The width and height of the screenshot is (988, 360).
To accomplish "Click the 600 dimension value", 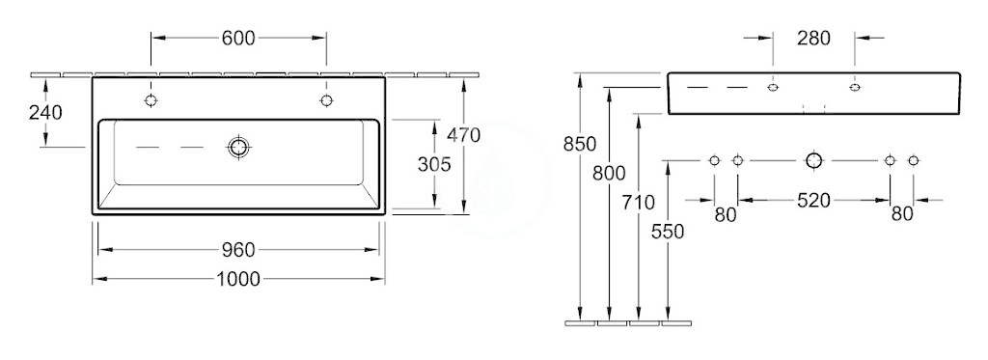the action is (x=238, y=39).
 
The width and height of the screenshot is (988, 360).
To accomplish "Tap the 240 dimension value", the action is (x=45, y=113).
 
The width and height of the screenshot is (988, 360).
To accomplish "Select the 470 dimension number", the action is (x=463, y=135).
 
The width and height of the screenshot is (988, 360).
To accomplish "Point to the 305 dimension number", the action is (x=434, y=164).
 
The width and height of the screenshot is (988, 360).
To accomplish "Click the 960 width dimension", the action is (x=238, y=250).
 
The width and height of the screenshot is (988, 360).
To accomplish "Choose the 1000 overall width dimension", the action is (x=238, y=279).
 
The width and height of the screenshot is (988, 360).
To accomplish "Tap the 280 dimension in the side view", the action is (x=813, y=39).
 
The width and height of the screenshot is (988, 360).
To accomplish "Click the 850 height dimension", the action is (x=579, y=145).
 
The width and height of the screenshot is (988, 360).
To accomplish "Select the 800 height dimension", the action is (x=610, y=173).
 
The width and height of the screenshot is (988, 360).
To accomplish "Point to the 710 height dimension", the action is (x=639, y=203).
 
